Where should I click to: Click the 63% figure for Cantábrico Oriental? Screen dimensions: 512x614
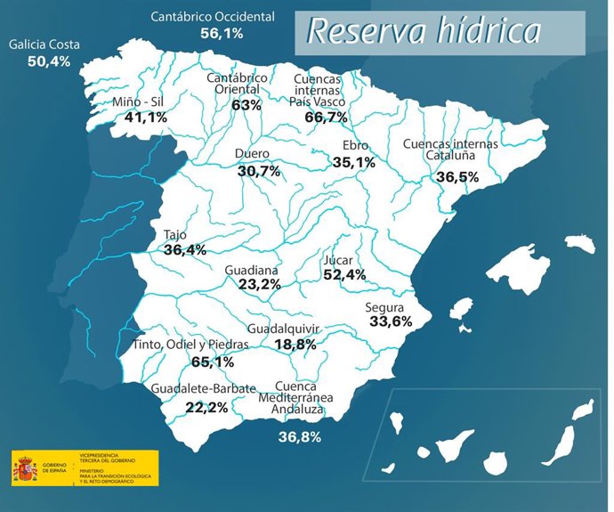(x=246, y=105)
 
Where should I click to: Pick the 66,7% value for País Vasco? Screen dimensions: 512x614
(x=326, y=118)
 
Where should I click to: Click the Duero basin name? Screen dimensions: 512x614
(x=252, y=154)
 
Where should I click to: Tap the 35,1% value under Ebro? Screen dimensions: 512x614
(x=353, y=162)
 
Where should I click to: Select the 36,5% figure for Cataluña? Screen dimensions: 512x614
(x=457, y=177)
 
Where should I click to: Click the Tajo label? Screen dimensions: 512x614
(x=175, y=235)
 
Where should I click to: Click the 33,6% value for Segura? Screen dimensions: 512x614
(x=390, y=322)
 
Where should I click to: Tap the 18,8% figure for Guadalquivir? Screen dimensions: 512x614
(x=295, y=345)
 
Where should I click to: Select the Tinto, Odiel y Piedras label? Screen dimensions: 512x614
(x=190, y=345)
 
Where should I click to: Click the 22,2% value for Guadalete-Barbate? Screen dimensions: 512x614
(x=206, y=407)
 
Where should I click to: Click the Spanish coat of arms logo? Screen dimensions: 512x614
(x=24, y=467)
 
